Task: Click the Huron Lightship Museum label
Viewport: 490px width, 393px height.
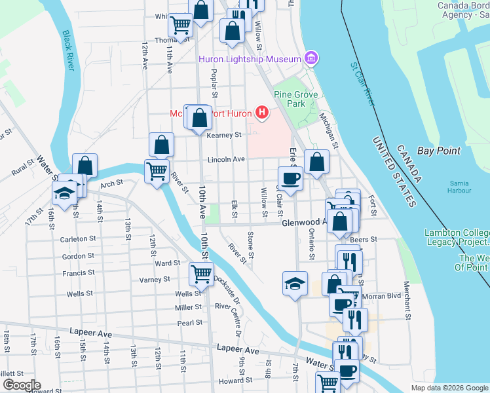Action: click(x=250, y=60)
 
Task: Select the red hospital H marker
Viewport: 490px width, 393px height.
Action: click(x=262, y=113)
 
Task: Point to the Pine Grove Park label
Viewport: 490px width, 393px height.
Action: click(x=296, y=99)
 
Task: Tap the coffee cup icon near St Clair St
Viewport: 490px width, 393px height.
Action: click(x=290, y=178)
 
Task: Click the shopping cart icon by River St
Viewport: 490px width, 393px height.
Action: click(x=157, y=172)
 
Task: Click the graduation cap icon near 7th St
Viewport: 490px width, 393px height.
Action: click(x=295, y=283)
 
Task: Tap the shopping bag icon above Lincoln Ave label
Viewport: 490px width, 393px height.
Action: click(x=161, y=145)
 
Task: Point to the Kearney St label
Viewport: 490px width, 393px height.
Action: click(x=224, y=135)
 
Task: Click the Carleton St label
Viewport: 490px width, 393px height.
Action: click(x=74, y=240)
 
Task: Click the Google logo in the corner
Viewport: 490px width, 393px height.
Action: click(x=21, y=385)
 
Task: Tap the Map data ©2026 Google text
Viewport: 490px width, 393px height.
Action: click(x=449, y=388)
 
